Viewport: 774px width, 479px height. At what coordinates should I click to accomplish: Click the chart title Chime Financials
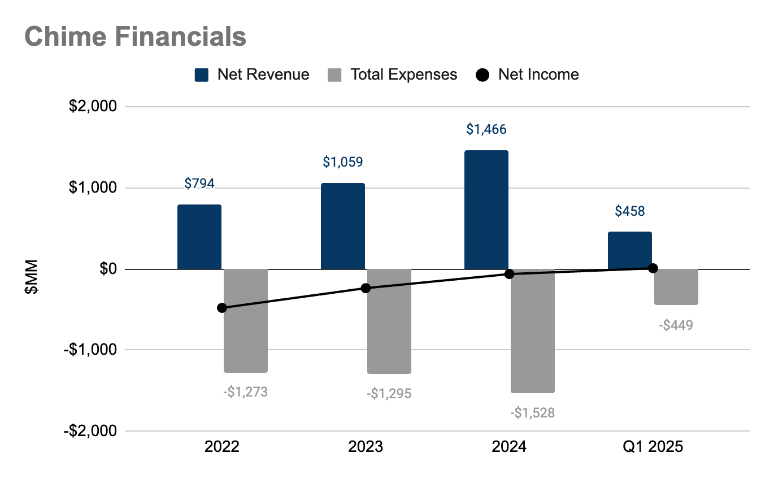click(x=136, y=37)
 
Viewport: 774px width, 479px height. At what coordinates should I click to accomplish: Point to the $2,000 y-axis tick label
click(x=92, y=107)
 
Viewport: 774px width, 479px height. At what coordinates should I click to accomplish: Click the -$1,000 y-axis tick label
click(x=90, y=350)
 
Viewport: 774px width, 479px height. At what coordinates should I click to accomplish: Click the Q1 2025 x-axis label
click(x=653, y=447)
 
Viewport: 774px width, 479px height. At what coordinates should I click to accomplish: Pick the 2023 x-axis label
click(x=366, y=447)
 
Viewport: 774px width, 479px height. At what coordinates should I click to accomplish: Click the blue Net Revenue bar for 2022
click(x=199, y=237)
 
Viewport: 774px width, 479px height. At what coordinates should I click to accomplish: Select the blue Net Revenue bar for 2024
click(x=486, y=210)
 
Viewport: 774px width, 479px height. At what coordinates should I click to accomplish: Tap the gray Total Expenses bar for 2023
click(x=389, y=321)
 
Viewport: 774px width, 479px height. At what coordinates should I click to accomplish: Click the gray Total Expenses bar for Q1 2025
click(x=676, y=287)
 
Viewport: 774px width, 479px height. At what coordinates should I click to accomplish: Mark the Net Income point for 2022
click(x=222, y=308)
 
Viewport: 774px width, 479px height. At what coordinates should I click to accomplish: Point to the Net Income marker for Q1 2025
click(x=653, y=268)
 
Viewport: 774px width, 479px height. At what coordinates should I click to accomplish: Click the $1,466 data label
click(x=486, y=129)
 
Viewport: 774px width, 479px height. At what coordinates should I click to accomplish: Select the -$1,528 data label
click(x=532, y=413)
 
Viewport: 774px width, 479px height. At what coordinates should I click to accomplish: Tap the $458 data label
click(x=629, y=211)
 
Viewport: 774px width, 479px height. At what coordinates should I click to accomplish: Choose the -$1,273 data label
click(x=245, y=391)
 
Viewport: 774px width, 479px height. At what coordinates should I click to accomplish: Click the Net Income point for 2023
click(x=366, y=288)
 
